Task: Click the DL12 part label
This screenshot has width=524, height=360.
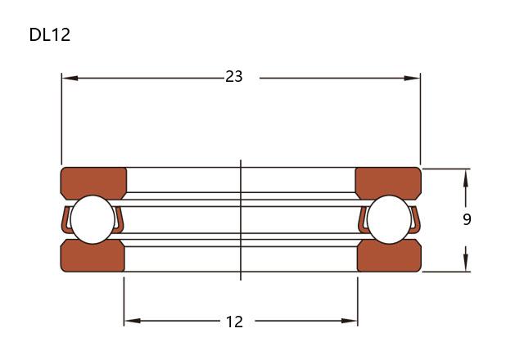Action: click(50, 34)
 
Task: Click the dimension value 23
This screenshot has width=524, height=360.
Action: click(234, 76)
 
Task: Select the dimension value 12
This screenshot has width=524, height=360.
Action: click(234, 322)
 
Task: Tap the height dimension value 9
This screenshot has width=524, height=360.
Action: click(467, 219)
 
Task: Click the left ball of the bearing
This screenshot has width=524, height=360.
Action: click(93, 219)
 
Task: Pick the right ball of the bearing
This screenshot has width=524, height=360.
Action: click(389, 219)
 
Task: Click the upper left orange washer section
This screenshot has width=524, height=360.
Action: click(93, 182)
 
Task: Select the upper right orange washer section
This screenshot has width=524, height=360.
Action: click(388, 182)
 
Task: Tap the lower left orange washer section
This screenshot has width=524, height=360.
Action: click(93, 256)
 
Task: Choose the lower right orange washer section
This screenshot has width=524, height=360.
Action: click(389, 256)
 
